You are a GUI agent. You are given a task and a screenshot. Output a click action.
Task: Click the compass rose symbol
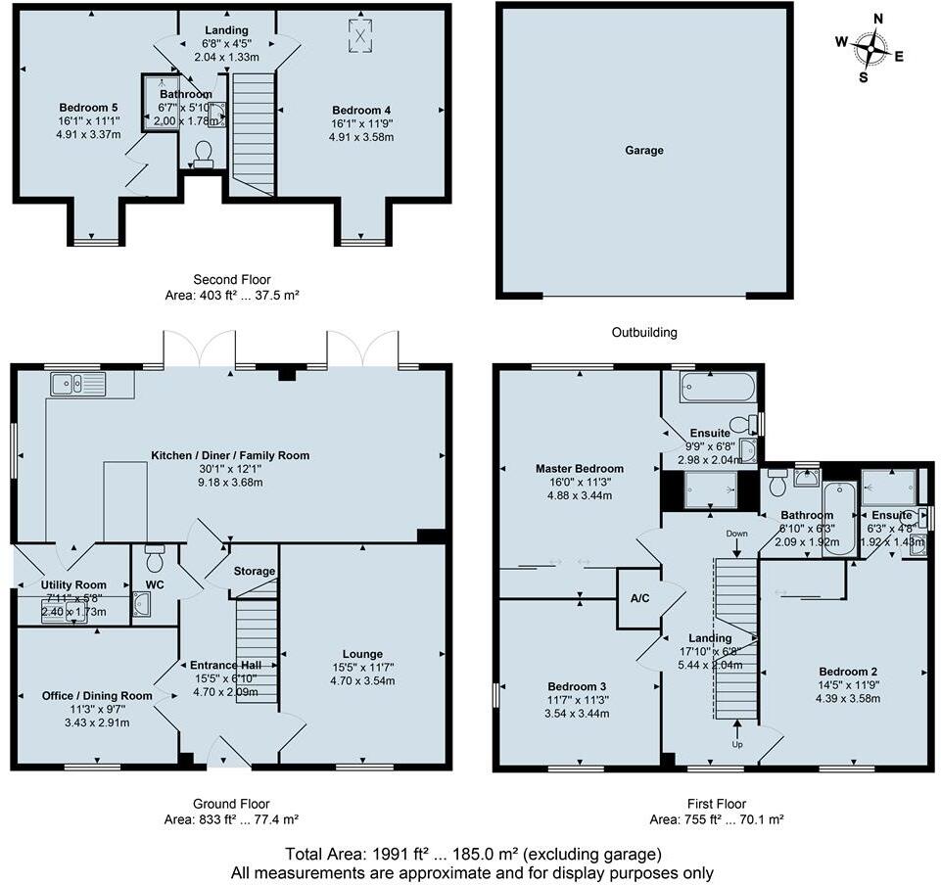(870, 48)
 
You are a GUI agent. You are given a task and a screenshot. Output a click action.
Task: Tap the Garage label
(644, 151)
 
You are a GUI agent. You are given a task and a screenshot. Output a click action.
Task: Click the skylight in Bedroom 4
(361, 36)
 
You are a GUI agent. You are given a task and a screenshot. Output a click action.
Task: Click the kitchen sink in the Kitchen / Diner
(74, 383)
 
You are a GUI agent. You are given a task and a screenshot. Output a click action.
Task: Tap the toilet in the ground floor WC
(155, 559)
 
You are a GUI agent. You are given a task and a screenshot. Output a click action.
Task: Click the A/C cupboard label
(638, 598)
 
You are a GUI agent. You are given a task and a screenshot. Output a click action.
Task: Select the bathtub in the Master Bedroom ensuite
(718, 386)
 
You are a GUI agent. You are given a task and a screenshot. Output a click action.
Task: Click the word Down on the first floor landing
(737, 534)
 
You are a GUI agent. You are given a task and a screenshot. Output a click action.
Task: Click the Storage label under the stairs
(254, 571)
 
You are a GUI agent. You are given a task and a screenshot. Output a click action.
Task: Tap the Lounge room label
(362, 654)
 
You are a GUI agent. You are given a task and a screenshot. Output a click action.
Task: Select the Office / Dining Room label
(97, 696)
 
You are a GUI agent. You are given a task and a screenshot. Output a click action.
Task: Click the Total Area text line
(473, 853)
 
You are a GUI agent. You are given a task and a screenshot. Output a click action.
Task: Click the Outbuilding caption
(644, 333)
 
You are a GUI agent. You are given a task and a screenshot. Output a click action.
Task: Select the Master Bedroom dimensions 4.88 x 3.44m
(579, 495)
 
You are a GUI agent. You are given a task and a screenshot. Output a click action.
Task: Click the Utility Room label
(73, 584)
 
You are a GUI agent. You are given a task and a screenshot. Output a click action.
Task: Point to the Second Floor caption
(232, 280)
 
